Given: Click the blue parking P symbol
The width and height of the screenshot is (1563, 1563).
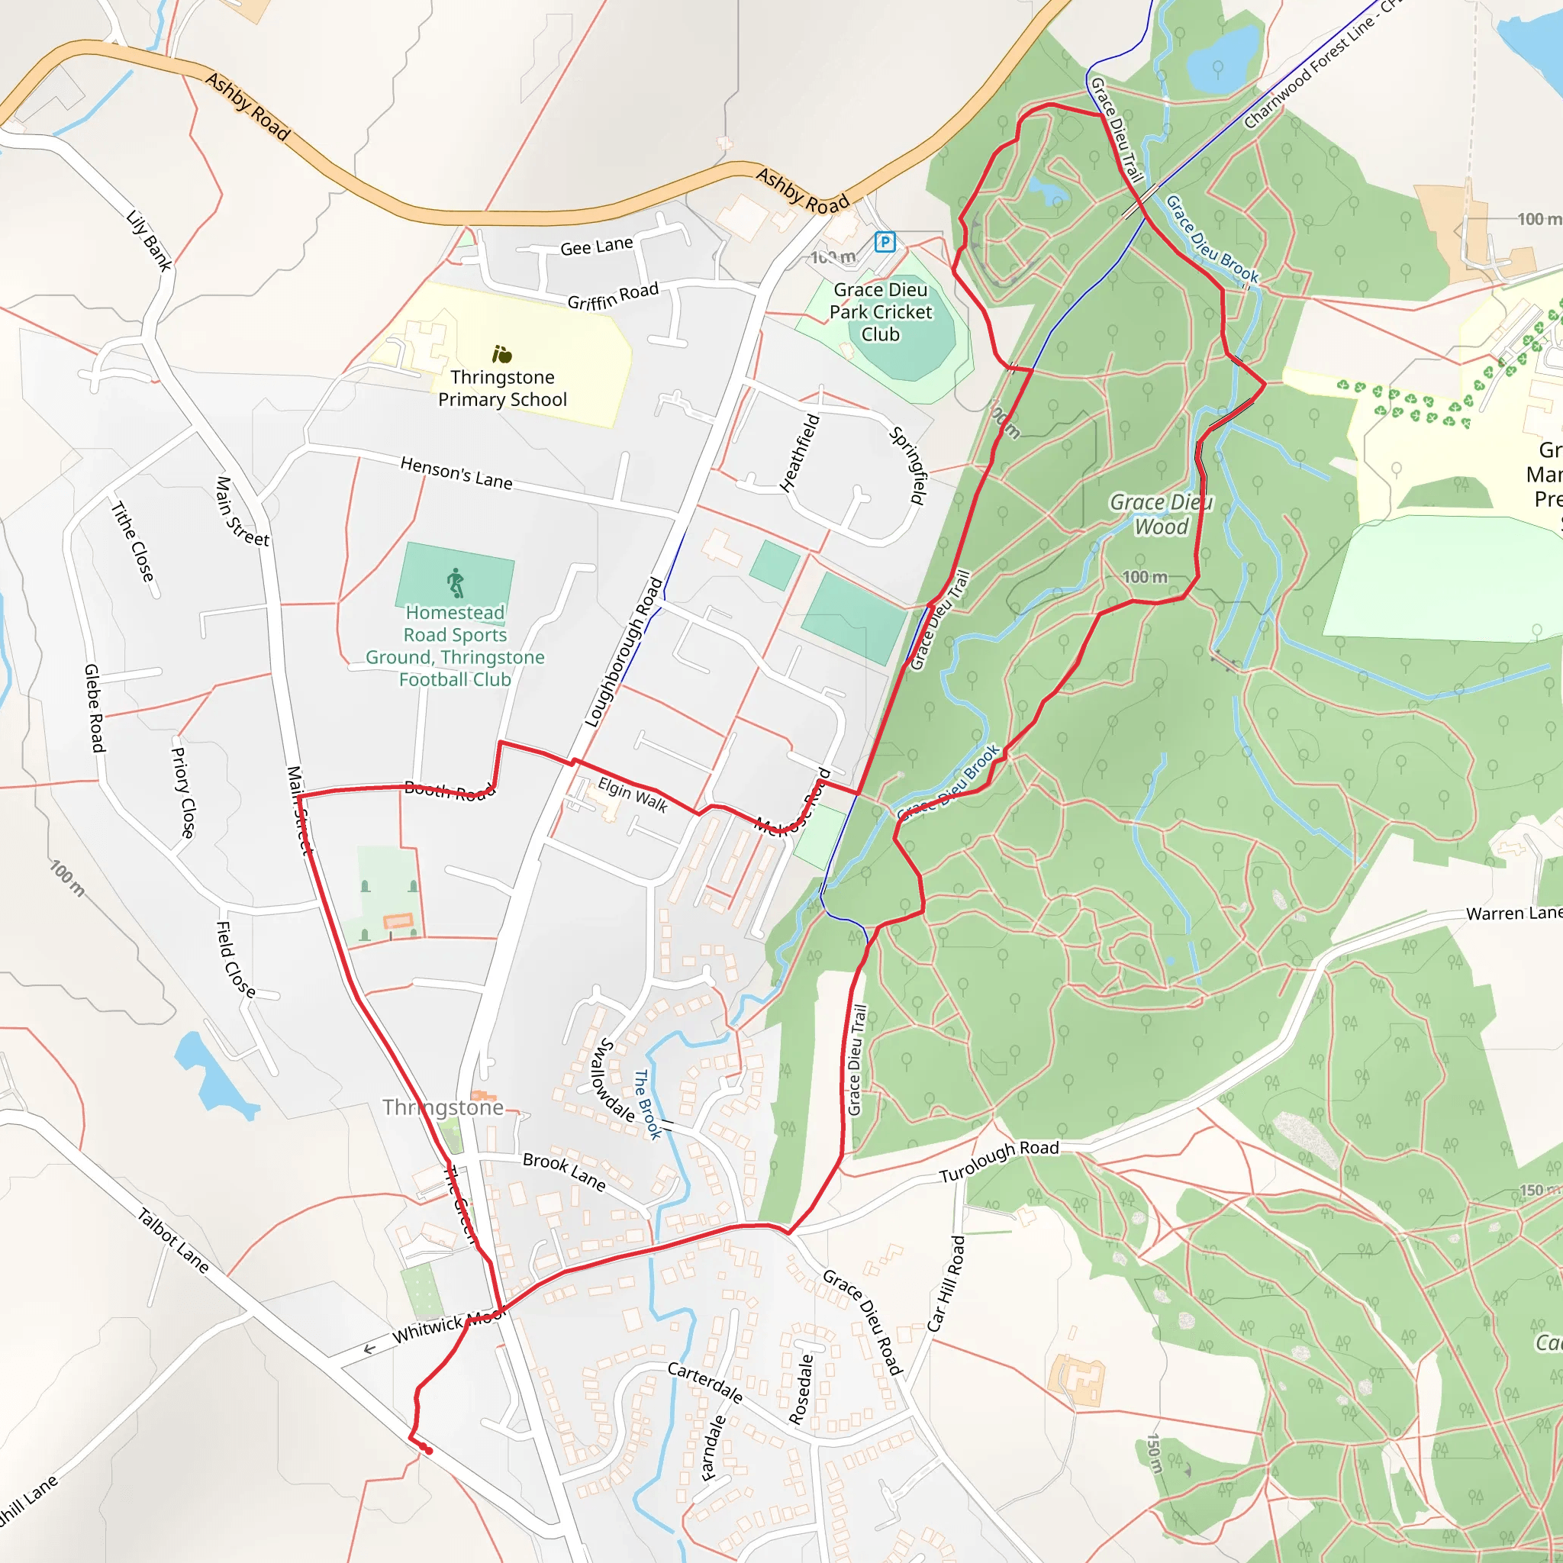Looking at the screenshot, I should point(885,241).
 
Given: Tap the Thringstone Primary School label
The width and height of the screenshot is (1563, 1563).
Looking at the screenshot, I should point(502,388).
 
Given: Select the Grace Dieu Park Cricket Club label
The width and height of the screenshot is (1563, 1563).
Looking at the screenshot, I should point(880,311).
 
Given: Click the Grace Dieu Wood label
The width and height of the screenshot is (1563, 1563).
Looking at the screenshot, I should point(1161,514).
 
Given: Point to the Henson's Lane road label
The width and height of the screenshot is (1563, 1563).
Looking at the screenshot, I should point(456,472).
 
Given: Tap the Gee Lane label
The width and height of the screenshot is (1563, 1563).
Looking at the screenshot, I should point(596,246).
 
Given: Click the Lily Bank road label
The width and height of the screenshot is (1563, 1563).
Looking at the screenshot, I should point(150,240).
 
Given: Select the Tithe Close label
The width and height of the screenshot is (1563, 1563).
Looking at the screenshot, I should point(132,540).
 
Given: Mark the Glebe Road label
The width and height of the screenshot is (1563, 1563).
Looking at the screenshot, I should point(95,708).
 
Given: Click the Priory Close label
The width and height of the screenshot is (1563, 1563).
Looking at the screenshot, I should point(183,792).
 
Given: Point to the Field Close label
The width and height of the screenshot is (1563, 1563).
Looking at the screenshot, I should point(235,959).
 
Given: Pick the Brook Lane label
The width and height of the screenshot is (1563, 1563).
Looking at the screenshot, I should point(564,1171).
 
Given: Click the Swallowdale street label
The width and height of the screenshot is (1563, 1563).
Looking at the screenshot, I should point(614,1081).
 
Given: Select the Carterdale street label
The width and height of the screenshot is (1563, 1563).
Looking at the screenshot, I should point(704,1382).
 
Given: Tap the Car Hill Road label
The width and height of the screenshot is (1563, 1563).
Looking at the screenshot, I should point(946,1283).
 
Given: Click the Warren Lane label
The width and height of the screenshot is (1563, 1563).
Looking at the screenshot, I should point(1513,914).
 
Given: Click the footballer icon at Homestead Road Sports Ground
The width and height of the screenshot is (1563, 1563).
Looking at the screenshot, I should point(456,582).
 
